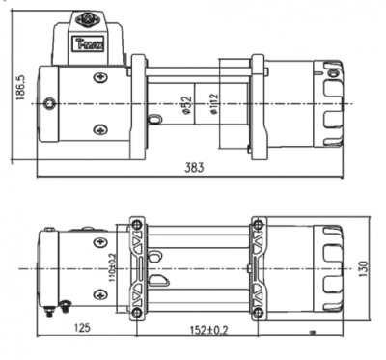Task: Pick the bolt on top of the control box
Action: pyautogui.click(x=88, y=15)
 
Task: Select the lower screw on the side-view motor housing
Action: pyautogui.click(x=99, y=130)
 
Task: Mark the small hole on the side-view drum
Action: pyautogui.click(x=153, y=120)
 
